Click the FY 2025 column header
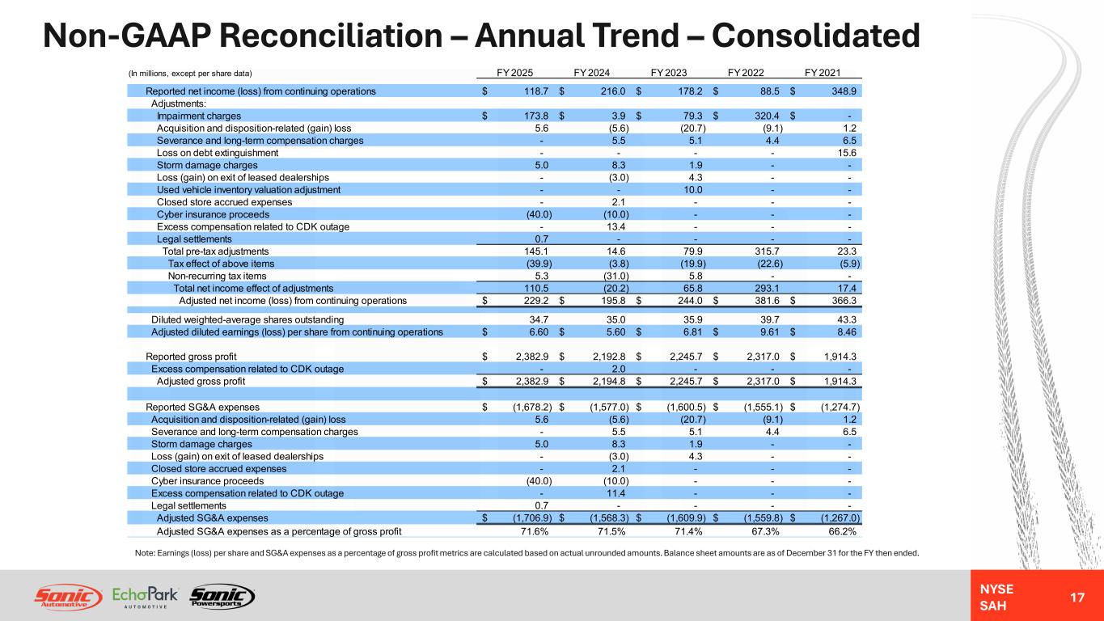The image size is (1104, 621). [514, 73]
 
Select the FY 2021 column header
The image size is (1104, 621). [823, 73]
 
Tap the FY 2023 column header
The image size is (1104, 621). [669, 73]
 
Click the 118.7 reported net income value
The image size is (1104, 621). [536, 91]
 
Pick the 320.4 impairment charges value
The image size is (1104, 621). [767, 116]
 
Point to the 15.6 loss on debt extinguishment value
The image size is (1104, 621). [848, 153]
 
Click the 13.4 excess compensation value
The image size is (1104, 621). [616, 226]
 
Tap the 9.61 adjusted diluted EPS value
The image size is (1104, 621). [769, 332]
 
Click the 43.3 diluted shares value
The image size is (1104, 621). [848, 320]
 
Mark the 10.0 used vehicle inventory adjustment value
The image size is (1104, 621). [693, 190]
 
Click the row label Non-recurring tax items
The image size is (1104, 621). [217, 276]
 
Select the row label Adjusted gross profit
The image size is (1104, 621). [201, 382]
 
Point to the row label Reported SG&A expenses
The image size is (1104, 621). [202, 407]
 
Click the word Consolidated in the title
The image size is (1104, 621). [816, 36]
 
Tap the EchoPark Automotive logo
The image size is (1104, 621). [145, 597]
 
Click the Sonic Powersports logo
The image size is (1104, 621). [222, 597]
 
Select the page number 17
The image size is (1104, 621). [1077, 598]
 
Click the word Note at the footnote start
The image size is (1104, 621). [145, 553]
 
